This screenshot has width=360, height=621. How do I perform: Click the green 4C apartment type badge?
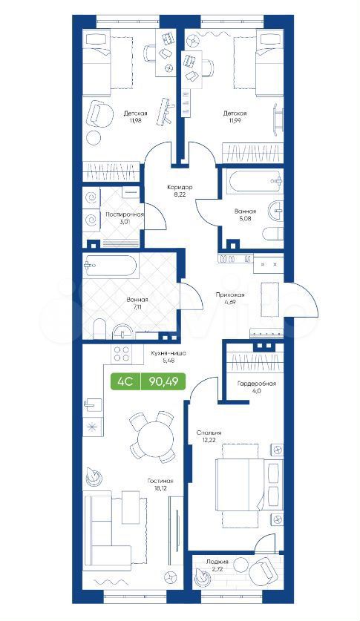coord(126,382)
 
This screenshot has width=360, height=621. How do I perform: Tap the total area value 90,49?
coord(163,382)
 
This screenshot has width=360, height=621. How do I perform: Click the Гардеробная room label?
coord(257,384)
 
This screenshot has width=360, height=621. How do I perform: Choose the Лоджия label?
coord(217,562)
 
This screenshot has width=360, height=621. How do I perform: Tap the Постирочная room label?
coord(124,214)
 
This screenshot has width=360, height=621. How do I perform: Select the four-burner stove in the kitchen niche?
coord(122,354)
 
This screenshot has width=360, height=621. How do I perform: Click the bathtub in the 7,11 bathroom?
coord(109,266)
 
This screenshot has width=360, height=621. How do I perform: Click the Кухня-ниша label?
coord(168,354)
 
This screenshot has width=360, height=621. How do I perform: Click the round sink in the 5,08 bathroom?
coord(275,210)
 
